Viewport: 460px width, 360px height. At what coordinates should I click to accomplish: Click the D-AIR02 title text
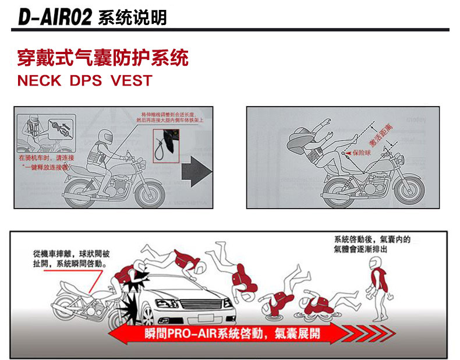click(x=55, y=17)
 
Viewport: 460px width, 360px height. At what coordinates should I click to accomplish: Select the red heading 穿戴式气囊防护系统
click(x=102, y=59)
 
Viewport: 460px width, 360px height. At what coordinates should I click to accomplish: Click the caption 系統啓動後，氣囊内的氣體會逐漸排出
click(x=373, y=243)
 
